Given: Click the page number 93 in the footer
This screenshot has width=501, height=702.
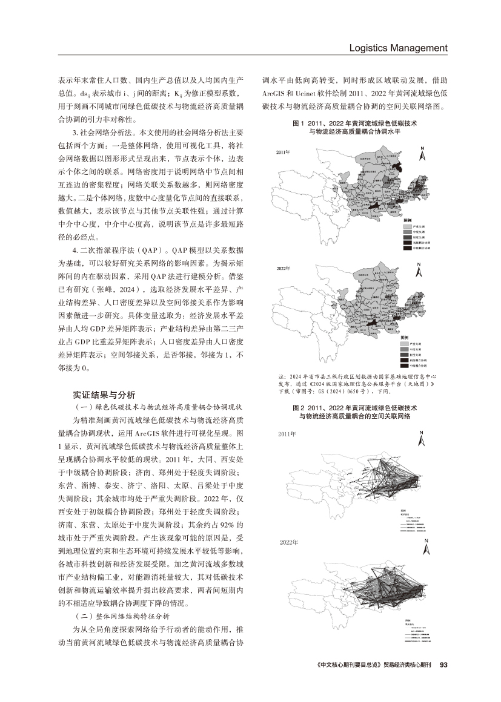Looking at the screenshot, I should pyautogui.click(x=442, y=681).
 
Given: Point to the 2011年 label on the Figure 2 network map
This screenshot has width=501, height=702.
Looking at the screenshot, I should pyautogui.click(x=287, y=434).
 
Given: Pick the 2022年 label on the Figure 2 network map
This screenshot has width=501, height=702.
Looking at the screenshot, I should pyautogui.click(x=289, y=542).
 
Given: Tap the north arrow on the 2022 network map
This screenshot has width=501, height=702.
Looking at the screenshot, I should pyautogui.click(x=427, y=548).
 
